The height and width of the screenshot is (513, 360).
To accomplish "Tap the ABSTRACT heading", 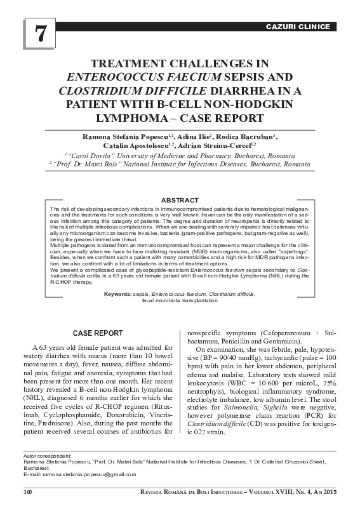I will [180, 200].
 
